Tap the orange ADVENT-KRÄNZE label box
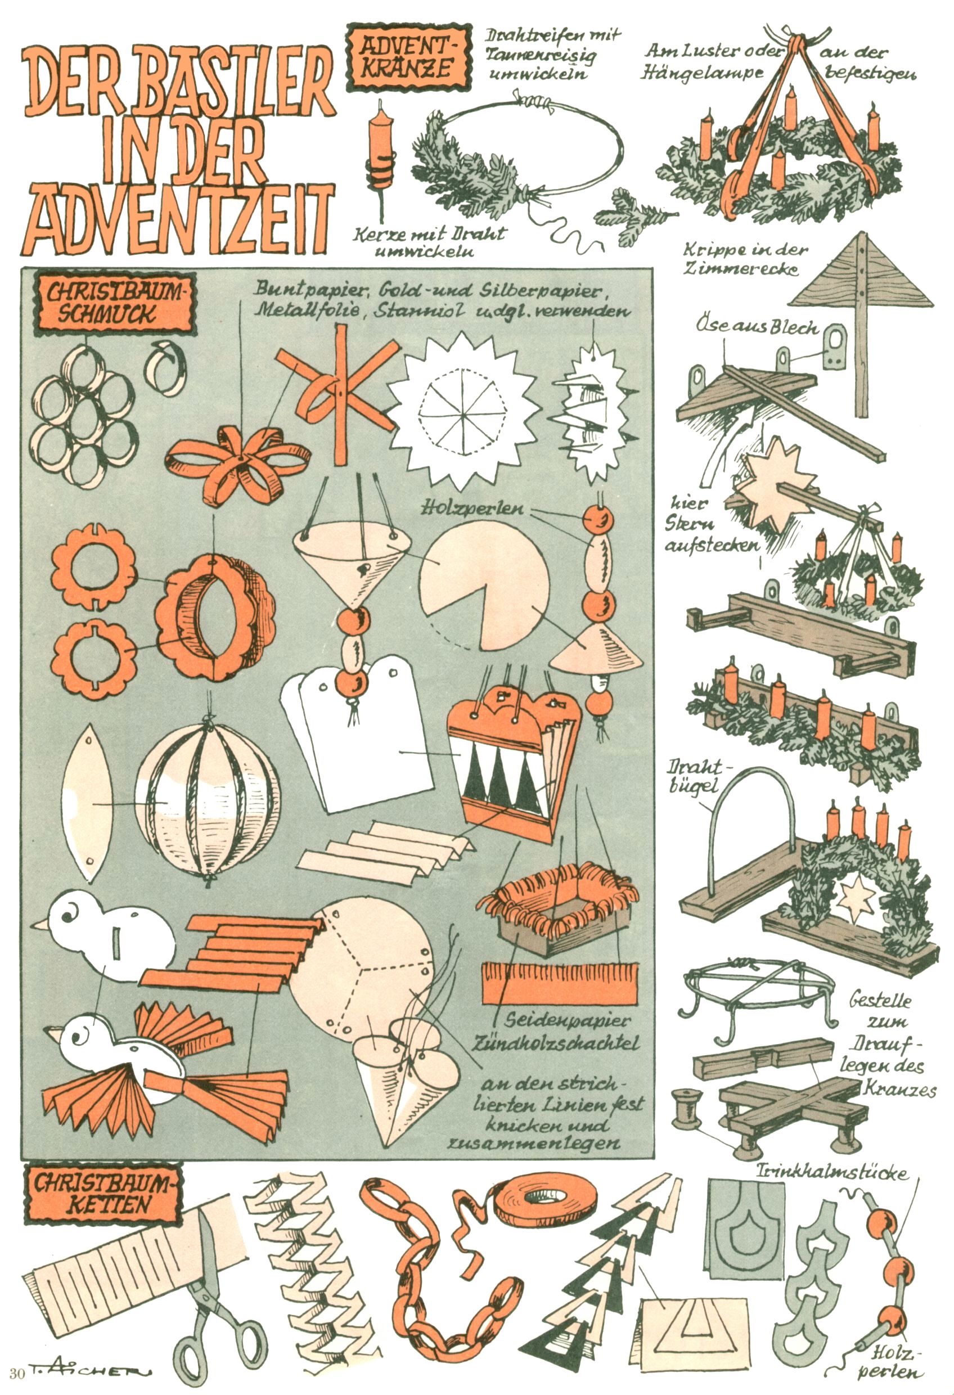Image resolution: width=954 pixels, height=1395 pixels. tap(408, 57)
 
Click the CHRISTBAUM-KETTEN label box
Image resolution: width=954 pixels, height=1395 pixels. tap(103, 1194)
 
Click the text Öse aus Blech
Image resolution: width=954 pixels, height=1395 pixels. tap(757, 327)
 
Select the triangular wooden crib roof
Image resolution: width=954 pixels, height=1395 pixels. tap(862, 275)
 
